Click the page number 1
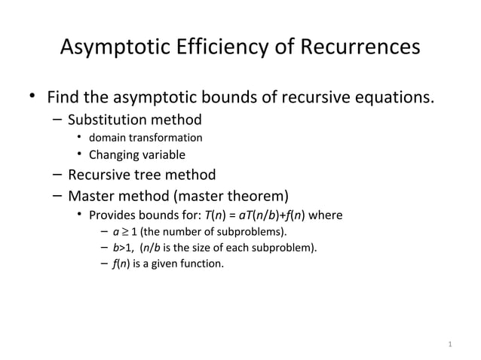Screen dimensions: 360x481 [x=449, y=346]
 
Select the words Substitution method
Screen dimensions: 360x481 [x=135, y=120]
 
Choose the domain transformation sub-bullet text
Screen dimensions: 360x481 [x=146, y=138]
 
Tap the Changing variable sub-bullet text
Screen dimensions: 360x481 [x=137, y=156]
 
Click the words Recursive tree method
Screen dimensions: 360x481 [x=142, y=175]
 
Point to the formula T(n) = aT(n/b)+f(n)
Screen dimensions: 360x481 [x=256, y=216]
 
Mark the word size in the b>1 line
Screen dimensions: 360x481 [x=202, y=248]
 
